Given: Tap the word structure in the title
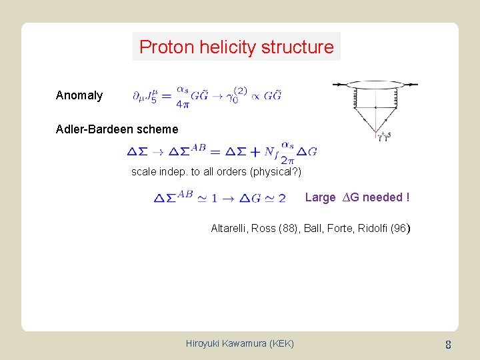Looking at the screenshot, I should [x=303, y=47].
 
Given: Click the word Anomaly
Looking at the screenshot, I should [x=79, y=95].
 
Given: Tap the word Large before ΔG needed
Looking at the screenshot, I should [x=320, y=197].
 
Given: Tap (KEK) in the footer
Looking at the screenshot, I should [x=279, y=343].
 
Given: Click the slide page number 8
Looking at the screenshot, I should [x=449, y=345].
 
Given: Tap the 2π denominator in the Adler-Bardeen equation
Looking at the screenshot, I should [x=287, y=159].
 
